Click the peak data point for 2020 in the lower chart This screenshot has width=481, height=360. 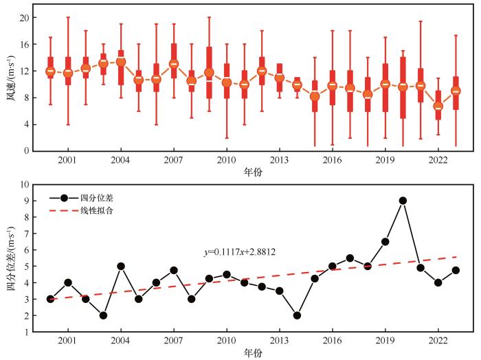click(403, 201)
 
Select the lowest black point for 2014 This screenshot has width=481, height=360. click(297, 315)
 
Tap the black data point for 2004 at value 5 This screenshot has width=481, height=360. click(121, 266)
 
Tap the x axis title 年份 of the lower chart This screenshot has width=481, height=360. click(252, 354)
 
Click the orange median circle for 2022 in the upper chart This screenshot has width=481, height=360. click(438, 106)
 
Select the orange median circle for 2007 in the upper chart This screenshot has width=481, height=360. click(174, 64)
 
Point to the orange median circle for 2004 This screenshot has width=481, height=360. click(121, 62)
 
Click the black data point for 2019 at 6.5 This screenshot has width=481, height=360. click(385, 241)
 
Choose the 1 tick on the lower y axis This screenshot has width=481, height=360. click(27, 332)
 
